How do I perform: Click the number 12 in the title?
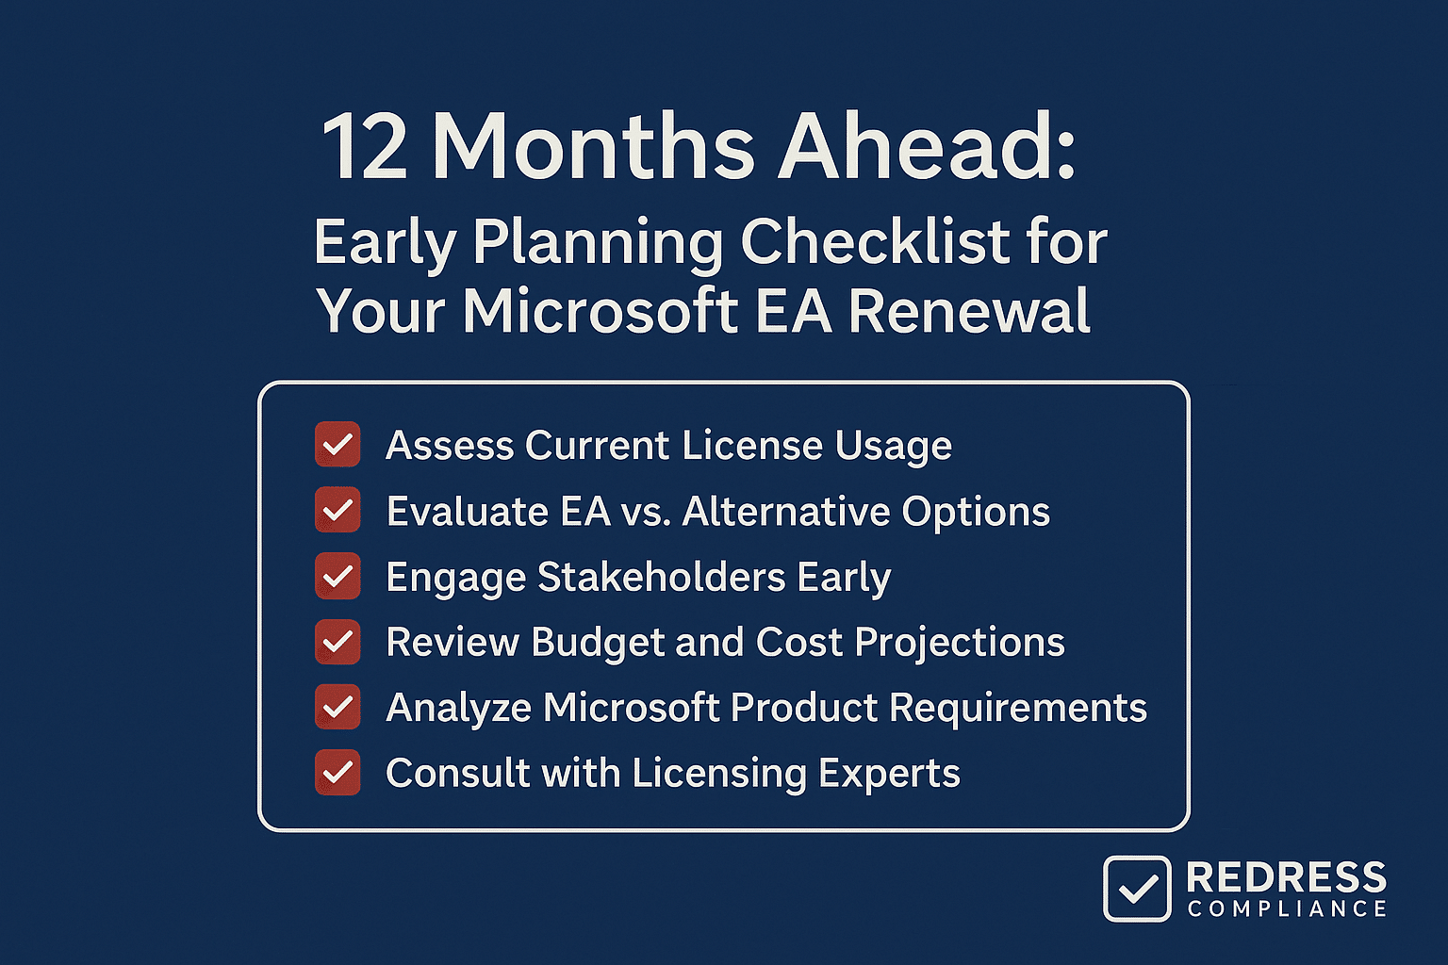[x=364, y=147]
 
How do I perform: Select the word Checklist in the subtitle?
[x=875, y=241]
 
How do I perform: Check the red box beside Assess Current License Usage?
[x=337, y=444]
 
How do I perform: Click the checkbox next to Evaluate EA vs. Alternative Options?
[x=337, y=510]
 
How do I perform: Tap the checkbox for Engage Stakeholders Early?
[x=337, y=576]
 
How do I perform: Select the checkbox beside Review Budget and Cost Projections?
[x=337, y=642]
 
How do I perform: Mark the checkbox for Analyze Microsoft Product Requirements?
[x=337, y=707]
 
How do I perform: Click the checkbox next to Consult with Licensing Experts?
[x=337, y=773]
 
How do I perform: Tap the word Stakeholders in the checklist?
[x=661, y=576]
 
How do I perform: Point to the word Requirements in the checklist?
[x=1018, y=709]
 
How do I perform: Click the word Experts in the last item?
[x=890, y=775]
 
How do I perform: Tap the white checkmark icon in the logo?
[x=1137, y=889]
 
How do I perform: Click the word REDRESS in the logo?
[x=1287, y=877]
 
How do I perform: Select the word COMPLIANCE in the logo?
[x=1287, y=908]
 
